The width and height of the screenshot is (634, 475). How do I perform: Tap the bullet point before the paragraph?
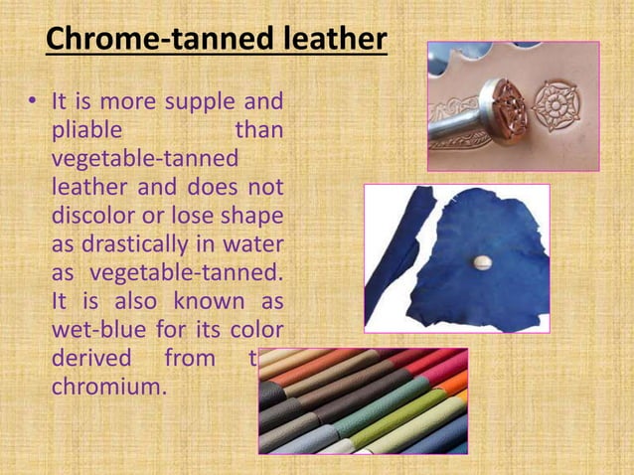pyautogui.click(x=32, y=102)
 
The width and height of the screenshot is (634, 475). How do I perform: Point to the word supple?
pyautogui.click(x=191, y=102)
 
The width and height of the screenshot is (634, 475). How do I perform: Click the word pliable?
pyautogui.click(x=87, y=131)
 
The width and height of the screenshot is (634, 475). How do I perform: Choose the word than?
pyautogui.click(x=258, y=131)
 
